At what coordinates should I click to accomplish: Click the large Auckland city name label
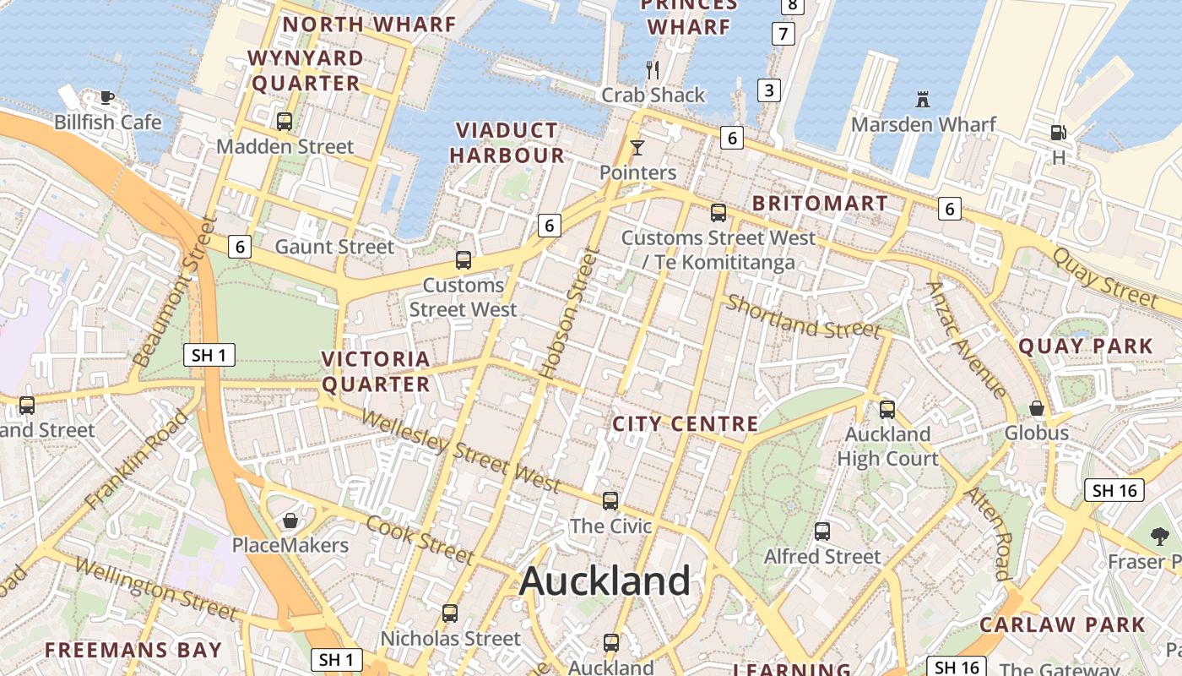(605, 581)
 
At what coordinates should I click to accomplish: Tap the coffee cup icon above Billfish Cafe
(107, 97)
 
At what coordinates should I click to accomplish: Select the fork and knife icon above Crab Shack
(652, 68)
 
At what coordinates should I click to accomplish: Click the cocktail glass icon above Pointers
(637, 148)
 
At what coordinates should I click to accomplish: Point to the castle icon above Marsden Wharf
(923, 99)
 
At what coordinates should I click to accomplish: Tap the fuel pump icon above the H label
(1058, 132)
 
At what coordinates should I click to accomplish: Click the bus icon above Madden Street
(285, 121)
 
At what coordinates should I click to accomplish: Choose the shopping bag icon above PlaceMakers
(290, 520)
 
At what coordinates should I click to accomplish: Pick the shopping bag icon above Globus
(1037, 408)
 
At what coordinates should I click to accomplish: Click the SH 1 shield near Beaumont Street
(209, 355)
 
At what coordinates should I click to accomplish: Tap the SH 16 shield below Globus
(1114, 490)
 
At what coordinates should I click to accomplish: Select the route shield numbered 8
(792, 5)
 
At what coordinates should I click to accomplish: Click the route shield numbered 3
(768, 90)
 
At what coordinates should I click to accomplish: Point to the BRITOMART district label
(820, 204)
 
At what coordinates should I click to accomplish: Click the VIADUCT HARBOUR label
(507, 143)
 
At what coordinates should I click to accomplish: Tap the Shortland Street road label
(804, 317)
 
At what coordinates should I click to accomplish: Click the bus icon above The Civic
(610, 501)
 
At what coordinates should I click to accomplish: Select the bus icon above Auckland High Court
(887, 410)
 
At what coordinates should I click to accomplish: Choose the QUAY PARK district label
(1085, 346)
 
